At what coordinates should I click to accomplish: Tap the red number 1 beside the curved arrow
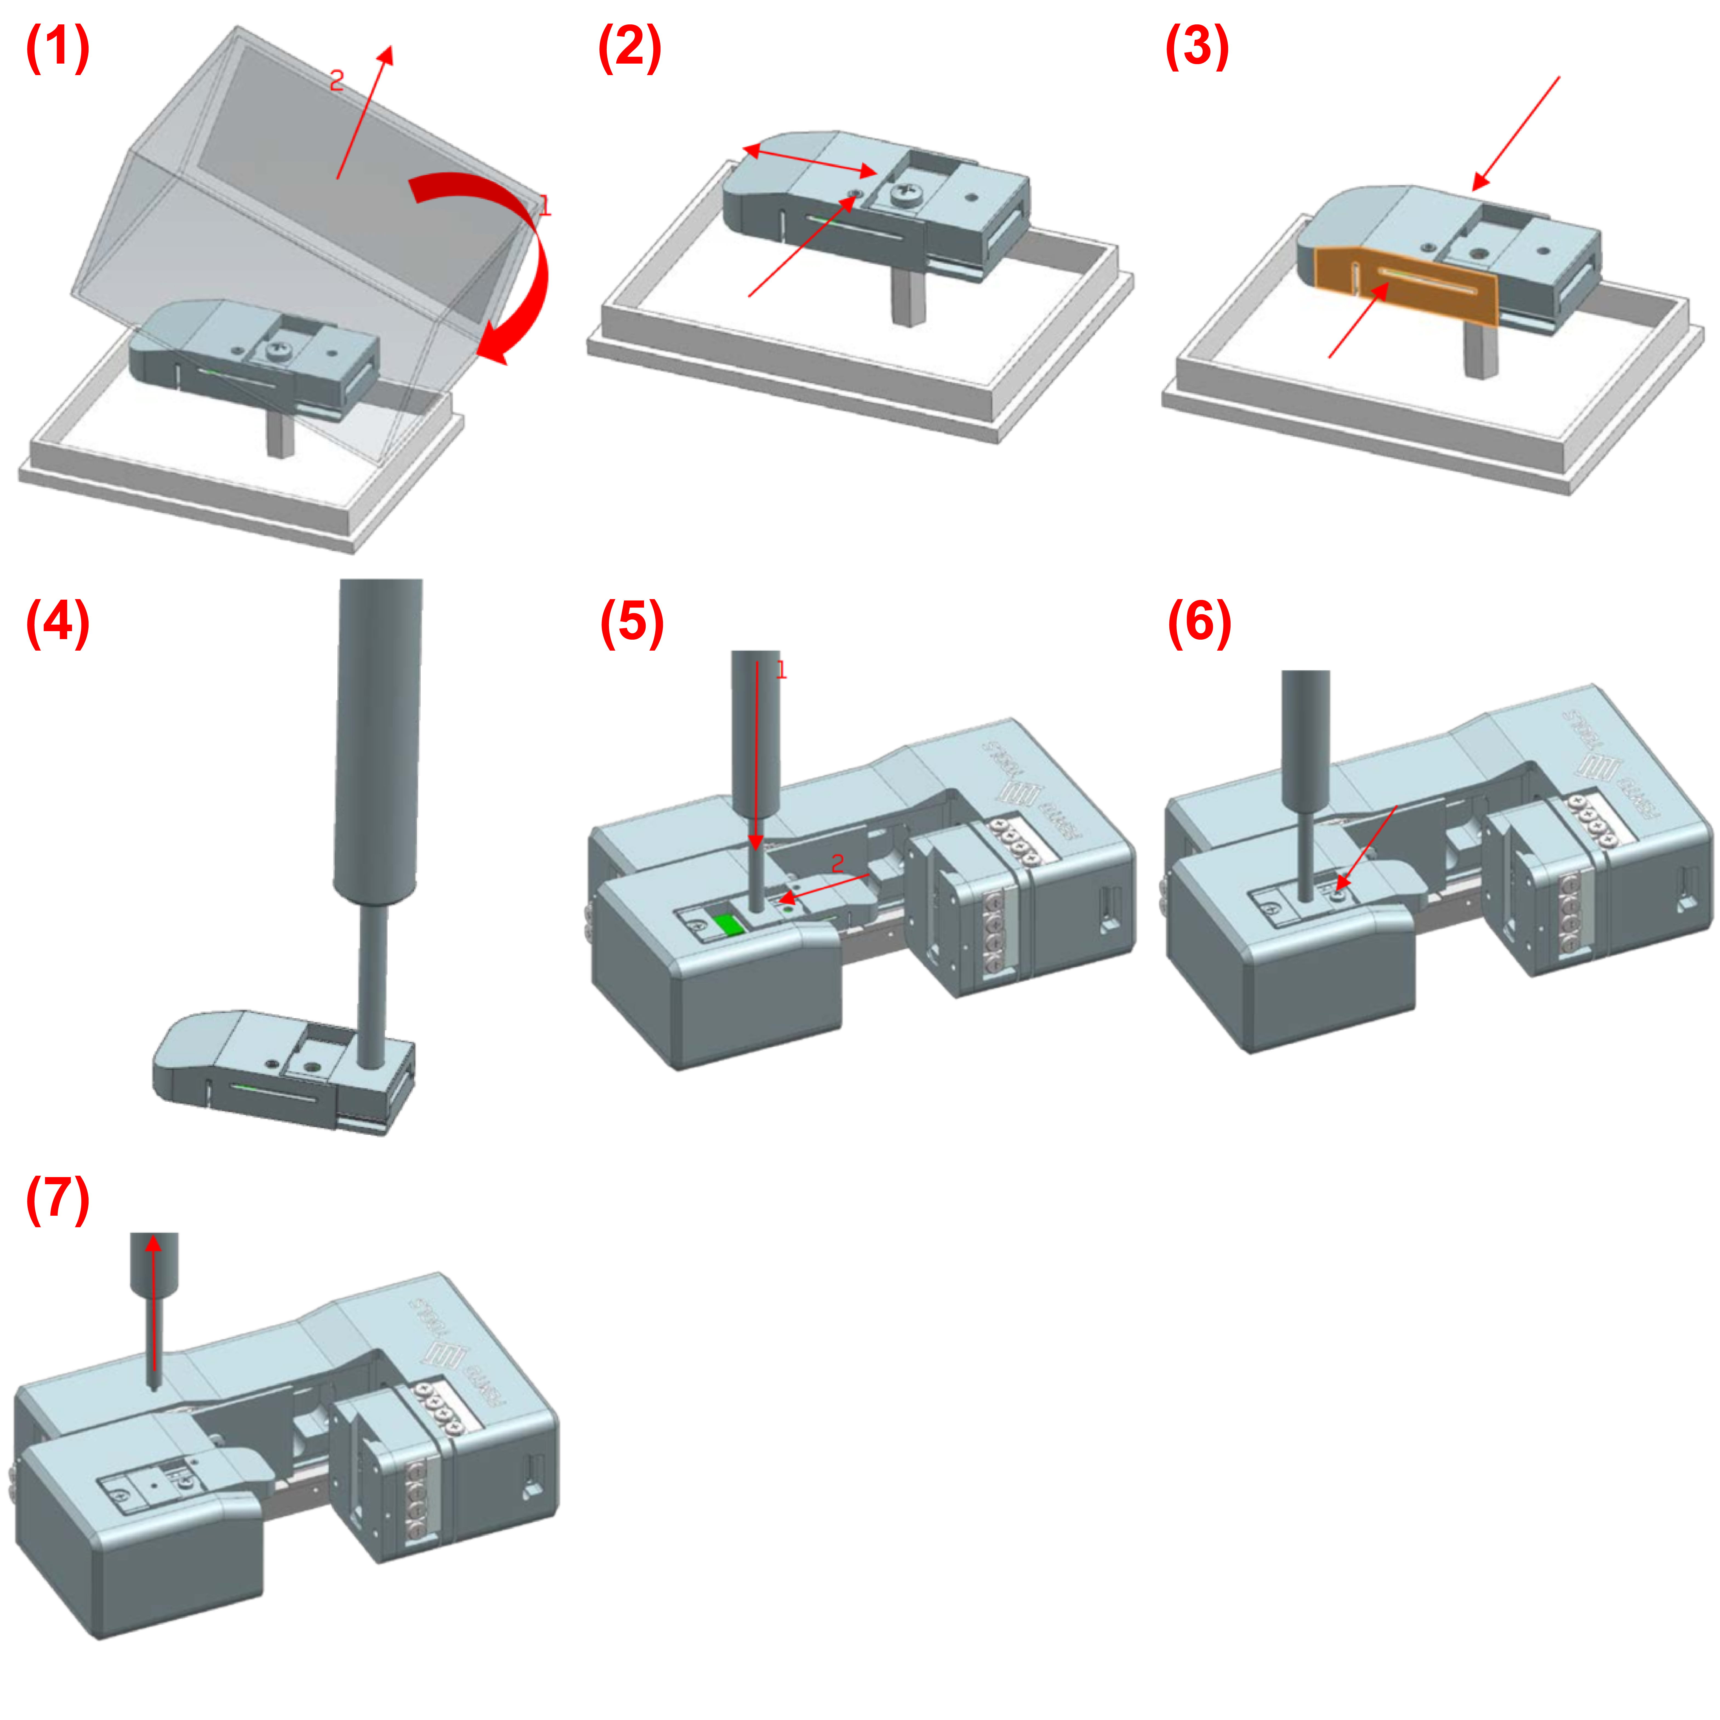pos(545,207)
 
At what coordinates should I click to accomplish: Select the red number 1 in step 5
pos(781,670)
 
